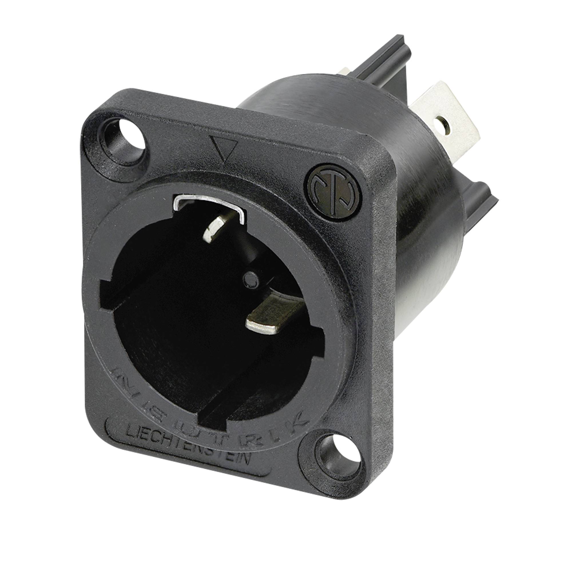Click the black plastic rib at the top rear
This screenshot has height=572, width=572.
click(394, 53)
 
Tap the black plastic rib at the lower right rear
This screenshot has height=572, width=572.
click(486, 204)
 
